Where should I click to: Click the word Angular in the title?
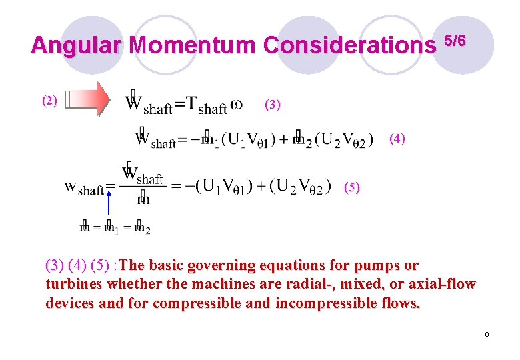[x=76, y=45]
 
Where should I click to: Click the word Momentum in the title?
[x=193, y=45]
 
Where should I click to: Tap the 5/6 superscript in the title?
[x=455, y=40]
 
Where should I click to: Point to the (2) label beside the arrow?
[x=50, y=101]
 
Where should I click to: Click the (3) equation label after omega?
[x=273, y=104]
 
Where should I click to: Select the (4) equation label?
[x=397, y=139]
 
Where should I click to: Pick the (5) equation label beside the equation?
[x=352, y=187]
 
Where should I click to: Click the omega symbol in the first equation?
[x=236, y=105]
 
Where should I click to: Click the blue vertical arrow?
[x=107, y=207]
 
